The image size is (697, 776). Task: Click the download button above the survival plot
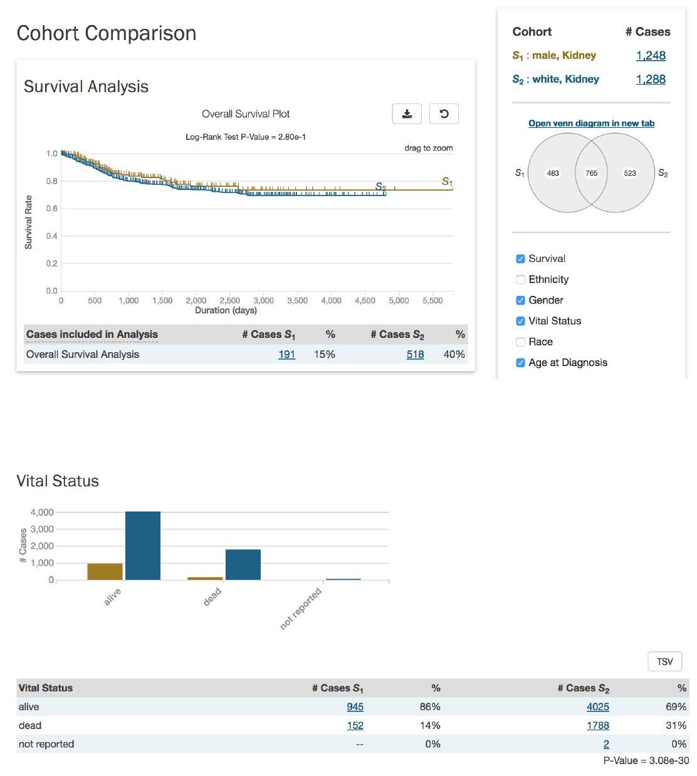click(407, 114)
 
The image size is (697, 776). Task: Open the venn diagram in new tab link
click(591, 123)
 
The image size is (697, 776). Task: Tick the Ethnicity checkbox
click(520, 280)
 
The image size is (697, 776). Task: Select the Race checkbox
click(520, 342)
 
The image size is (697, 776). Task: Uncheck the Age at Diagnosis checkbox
click(520, 362)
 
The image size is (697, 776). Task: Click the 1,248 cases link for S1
click(651, 56)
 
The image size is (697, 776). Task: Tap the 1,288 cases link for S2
click(651, 80)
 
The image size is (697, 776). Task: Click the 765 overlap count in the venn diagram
click(591, 173)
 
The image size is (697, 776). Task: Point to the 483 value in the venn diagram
click(553, 173)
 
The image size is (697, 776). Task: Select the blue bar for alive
click(143, 545)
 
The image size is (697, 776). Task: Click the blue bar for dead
click(243, 564)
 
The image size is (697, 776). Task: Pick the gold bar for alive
click(105, 572)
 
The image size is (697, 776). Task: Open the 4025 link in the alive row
click(597, 706)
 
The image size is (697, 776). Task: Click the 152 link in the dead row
click(355, 725)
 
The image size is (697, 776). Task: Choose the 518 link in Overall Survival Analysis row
click(415, 354)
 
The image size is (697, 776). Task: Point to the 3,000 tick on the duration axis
click(263, 301)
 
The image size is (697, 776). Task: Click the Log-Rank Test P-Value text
click(246, 137)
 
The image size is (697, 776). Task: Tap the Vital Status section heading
click(58, 481)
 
